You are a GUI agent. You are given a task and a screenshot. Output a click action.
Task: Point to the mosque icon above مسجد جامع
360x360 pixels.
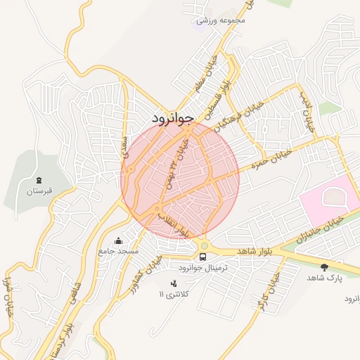118,240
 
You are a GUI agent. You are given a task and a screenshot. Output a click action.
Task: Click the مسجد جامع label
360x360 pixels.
120,251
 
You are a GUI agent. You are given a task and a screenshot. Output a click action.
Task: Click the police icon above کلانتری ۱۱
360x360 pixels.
174,283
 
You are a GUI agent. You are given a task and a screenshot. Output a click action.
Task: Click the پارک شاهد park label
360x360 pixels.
323,278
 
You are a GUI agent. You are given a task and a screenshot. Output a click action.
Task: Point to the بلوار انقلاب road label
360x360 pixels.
175,222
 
